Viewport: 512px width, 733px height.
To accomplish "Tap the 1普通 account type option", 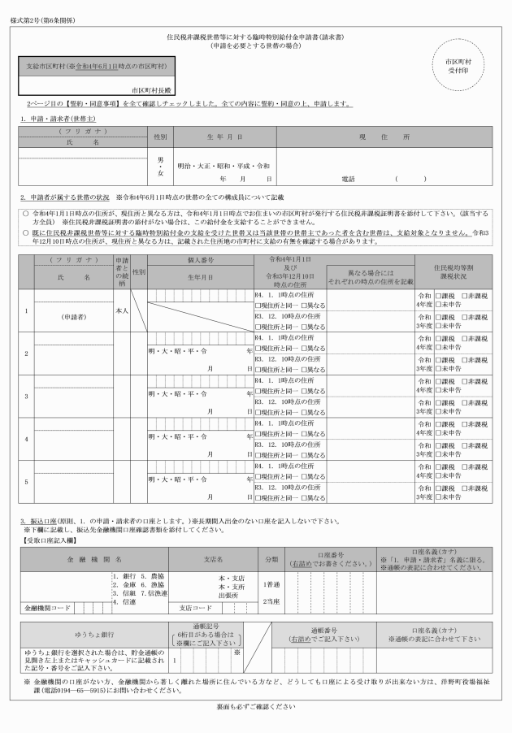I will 271,583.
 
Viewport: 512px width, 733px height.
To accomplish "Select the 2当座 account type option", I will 271,601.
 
